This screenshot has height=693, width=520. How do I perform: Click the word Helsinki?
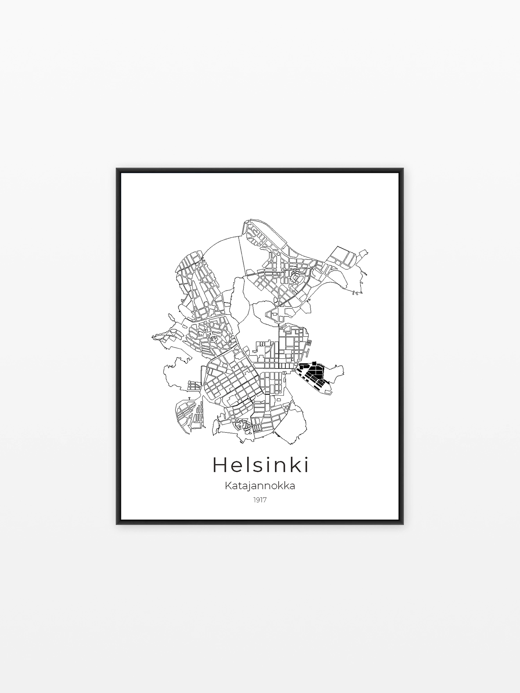260,465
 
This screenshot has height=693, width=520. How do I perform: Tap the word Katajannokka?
260,486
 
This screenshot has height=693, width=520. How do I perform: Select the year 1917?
260,500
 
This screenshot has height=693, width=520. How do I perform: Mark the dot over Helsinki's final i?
306,458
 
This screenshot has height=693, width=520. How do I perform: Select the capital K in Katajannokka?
228,486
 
